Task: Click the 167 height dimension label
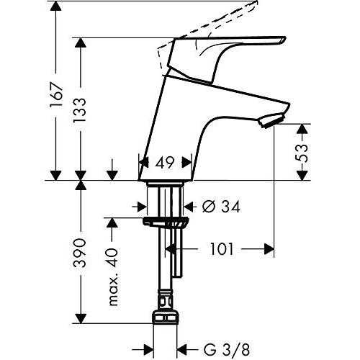(57, 95)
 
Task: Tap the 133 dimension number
(79, 110)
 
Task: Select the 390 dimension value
(79, 253)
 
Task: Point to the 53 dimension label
(301, 153)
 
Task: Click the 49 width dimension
(164, 163)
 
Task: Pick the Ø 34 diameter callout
(221, 207)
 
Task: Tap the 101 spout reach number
(222, 249)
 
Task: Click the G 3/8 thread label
(227, 350)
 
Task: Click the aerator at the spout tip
(271, 121)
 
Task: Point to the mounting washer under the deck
(166, 221)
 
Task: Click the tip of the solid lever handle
(286, 38)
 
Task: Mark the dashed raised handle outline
(211, 27)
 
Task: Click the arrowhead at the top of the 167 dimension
(56, 6)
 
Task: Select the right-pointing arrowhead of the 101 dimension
(269, 249)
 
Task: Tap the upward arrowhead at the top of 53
(302, 130)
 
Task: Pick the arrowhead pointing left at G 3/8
(182, 350)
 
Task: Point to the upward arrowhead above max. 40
(112, 223)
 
